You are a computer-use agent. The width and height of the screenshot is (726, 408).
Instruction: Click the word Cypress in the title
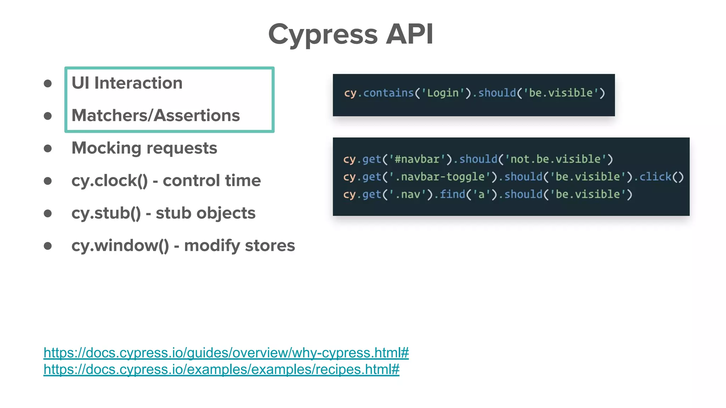(x=323, y=35)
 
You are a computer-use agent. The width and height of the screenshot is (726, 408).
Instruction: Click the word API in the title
(x=409, y=34)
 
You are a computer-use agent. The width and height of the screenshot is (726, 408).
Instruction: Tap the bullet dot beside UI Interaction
(x=48, y=84)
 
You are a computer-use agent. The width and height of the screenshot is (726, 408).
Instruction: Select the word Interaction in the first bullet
(x=138, y=83)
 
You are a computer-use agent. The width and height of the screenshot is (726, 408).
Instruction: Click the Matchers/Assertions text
(x=156, y=115)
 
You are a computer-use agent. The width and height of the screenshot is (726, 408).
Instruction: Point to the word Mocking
(x=106, y=148)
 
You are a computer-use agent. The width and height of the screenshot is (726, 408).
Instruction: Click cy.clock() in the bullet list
(x=110, y=181)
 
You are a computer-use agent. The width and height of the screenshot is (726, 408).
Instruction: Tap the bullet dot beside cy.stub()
(x=48, y=213)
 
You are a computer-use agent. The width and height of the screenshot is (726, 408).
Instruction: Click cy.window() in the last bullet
(x=120, y=246)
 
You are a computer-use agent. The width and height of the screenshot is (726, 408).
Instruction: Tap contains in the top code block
(x=389, y=93)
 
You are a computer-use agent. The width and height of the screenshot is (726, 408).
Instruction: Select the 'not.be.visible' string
(x=555, y=159)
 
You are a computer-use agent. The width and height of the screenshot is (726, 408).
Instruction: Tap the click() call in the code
(x=661, y=177)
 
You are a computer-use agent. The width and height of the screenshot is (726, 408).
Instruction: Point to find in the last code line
(x=452, y=194)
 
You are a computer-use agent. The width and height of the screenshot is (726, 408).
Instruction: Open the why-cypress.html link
(x=226, y=353)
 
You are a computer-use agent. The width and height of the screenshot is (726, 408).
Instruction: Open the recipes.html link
(x=221, y=369)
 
